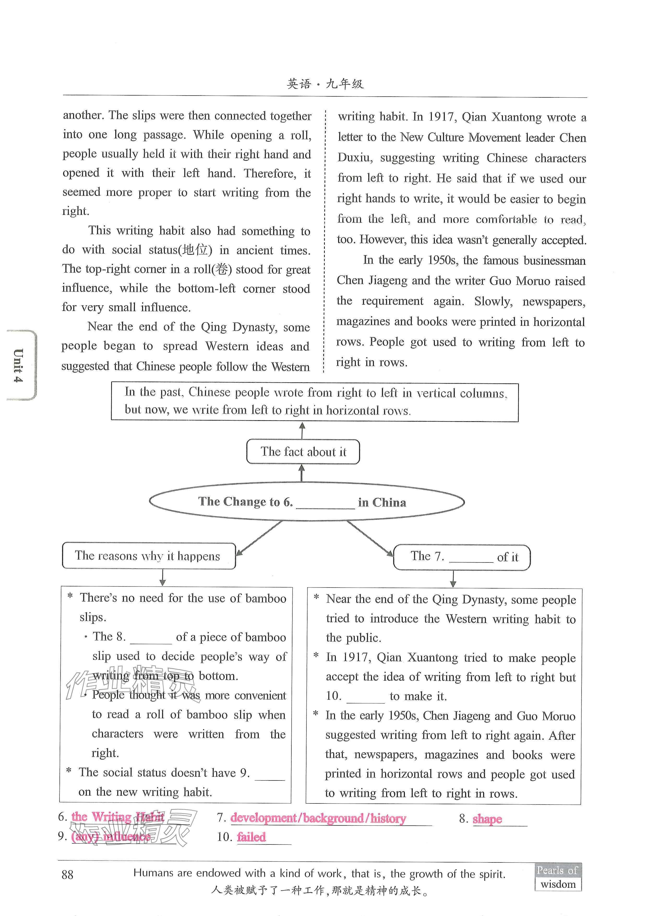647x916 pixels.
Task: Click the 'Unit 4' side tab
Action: tap(19, 365)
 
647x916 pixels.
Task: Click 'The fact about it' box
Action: tap(303, 452)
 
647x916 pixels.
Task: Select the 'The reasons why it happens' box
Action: tap(148, 556)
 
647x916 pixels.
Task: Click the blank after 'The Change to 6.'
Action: tap(325, 503)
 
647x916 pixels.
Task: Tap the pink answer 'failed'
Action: tap(251, 837)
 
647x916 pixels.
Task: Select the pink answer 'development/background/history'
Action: tap(318, 818)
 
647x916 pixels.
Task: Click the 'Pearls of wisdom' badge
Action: tap(558, 877)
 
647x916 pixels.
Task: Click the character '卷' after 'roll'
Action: tap(222, 269)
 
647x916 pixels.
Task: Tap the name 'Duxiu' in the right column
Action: tap(354, 158)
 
